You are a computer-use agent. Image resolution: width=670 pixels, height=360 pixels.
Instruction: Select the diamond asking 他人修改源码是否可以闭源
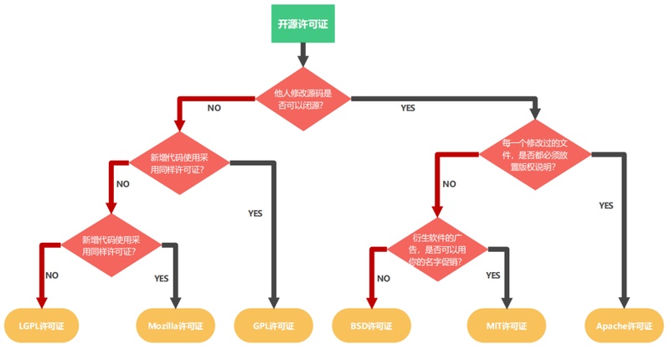[302, 99]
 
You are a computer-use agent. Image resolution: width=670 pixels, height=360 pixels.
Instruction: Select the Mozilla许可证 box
[176, 325]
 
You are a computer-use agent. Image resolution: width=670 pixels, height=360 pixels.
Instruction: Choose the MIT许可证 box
[506, 325]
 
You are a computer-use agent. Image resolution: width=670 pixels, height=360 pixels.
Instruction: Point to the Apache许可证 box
[623, 325]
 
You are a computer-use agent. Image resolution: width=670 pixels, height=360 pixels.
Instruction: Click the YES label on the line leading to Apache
[606, 205]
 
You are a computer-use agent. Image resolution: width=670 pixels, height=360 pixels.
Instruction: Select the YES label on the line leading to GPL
[255, 213]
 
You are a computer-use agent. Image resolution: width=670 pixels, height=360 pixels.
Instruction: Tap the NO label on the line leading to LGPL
[52, 275]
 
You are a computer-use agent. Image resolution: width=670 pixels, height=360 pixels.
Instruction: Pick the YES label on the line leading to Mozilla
[162, 278]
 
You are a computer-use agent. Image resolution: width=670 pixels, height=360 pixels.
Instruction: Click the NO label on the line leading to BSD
[384, 278]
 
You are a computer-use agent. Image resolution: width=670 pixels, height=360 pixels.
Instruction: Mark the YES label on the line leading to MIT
[493, 275]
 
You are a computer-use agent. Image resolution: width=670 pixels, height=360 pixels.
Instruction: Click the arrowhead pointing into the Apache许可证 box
[623, 302]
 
